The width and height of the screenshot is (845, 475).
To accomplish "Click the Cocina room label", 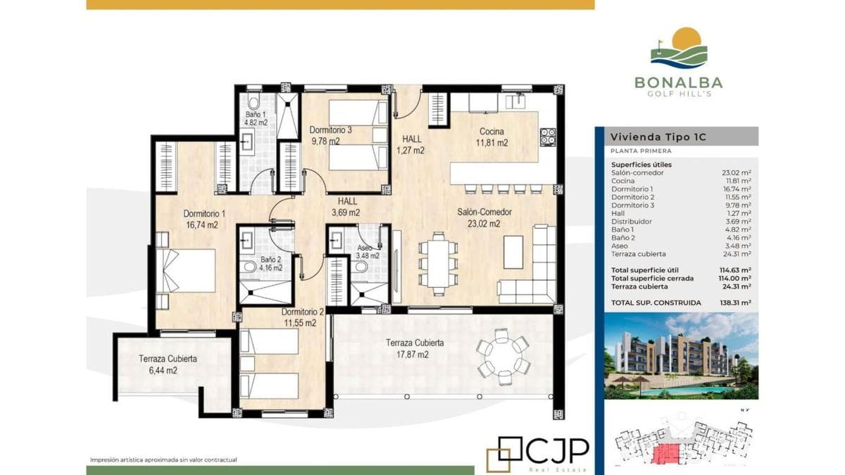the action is tap(492, 132).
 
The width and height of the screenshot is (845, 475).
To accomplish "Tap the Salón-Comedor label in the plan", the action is tap(484, 212).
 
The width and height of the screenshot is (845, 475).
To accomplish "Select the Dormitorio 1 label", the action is tap(204, 214).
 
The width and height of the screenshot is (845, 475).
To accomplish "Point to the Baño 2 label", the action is tap(270, 260).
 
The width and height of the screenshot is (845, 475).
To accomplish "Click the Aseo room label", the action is tap(365, 248).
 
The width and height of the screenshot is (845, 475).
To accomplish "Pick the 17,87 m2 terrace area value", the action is tap(413, 355).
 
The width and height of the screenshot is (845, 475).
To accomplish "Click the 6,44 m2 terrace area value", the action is tap(163, 371).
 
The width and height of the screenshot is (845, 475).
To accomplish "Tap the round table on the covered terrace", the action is tap(503, 357).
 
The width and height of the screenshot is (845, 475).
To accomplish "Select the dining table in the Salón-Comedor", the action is tap(438, 263).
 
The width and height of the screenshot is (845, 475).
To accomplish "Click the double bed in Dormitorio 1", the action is tap(186, 270).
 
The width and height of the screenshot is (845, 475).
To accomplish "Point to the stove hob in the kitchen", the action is tap(547, 137).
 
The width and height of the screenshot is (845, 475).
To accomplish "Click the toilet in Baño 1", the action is tap(254, 101).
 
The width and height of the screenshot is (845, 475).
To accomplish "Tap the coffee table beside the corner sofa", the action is tap(513, 252).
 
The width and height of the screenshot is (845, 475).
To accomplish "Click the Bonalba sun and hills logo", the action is tap(679, 48).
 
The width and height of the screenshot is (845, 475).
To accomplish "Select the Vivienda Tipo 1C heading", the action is tap(658, 137).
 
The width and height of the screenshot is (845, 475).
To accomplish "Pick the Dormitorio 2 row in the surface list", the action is tap(681, 197).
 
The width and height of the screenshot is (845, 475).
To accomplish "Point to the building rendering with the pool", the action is tap(682, 356).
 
